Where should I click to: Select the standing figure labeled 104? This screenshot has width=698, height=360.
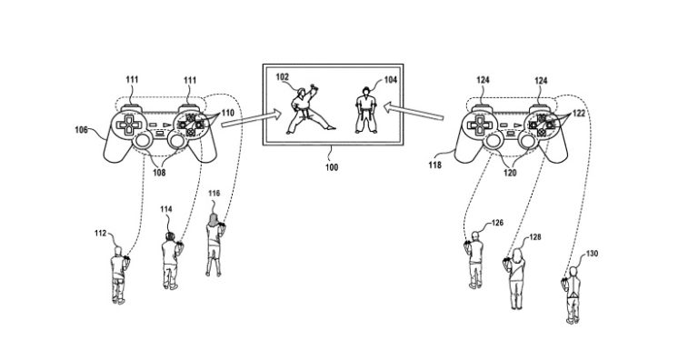pos(364,111)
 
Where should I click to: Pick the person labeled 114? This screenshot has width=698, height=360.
pos(169,261)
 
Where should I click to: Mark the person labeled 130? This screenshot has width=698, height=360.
pos(571,292)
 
